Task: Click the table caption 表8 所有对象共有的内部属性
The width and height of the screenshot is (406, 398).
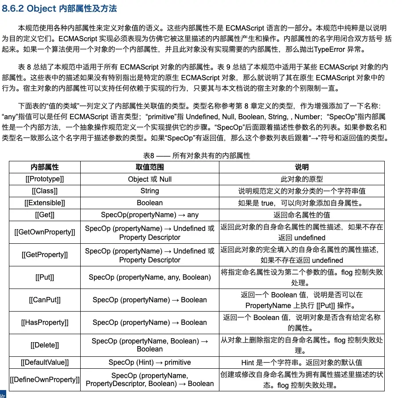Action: [x=196, y=156]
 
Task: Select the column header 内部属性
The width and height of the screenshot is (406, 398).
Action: [x=45, y=167]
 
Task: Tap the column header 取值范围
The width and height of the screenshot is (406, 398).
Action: [x=149, y=167]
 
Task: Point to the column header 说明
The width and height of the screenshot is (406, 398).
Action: [x=301, y=167]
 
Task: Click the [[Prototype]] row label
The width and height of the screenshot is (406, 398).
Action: [x=45, y=179]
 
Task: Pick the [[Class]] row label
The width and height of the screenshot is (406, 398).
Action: [x=45, y=191]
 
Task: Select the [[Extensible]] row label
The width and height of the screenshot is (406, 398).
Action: [x=45, y=203]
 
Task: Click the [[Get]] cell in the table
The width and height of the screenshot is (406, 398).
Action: [x=45, y=215]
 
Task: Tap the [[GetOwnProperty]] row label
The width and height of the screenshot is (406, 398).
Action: [x=45, y=232]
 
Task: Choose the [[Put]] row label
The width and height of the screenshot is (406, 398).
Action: [x=45, y=277]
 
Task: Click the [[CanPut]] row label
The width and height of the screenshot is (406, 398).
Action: [x=45, y=300]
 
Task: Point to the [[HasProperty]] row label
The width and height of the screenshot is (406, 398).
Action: [x=45, y=323]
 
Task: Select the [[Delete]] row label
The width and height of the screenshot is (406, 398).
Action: [x=45, y=345]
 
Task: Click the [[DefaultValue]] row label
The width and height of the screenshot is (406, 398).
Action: [x=45, y=362]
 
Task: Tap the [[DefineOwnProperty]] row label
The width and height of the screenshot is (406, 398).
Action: [x=45, y=379]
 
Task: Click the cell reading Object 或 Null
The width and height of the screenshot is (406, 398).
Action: [x=149, y=179]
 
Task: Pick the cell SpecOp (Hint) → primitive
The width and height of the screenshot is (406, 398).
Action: [x=149, y=362]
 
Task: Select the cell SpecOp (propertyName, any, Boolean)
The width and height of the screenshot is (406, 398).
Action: [x=149, y=277]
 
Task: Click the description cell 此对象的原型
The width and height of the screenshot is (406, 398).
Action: [x=301, y=179]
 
